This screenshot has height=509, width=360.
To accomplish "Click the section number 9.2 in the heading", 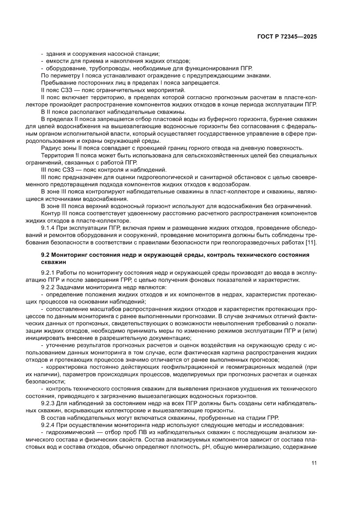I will (x=45, y=255).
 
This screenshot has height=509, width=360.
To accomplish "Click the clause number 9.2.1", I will (x=47, y=273).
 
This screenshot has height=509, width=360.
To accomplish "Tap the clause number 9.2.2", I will (x=47, y=287).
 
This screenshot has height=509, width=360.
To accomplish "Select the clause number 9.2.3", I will (x=47, y=403).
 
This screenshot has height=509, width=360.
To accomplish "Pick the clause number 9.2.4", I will (x=47, y=425).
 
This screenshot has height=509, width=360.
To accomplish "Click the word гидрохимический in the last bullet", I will (x=67, y=432).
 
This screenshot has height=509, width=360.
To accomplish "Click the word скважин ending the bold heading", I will (x=52, y=262).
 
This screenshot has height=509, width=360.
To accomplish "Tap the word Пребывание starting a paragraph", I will (x=57, y=83).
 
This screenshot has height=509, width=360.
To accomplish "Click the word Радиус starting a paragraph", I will (x=50, y=148).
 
